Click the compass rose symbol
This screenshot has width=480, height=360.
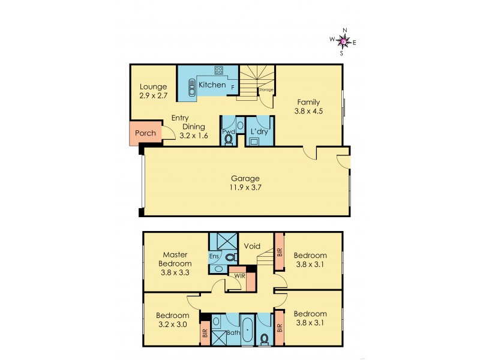point(342,41)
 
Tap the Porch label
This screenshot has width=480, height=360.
point(145,133)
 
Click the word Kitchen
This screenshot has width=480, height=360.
point(212,85)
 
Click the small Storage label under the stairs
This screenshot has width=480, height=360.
point(266,90)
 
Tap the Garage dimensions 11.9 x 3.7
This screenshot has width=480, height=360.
point(245,188)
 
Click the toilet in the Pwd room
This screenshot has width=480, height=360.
point(228,140)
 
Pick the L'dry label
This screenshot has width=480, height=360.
point(259,130)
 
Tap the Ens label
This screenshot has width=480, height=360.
point(214,257)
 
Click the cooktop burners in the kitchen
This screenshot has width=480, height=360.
point(218,70)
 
